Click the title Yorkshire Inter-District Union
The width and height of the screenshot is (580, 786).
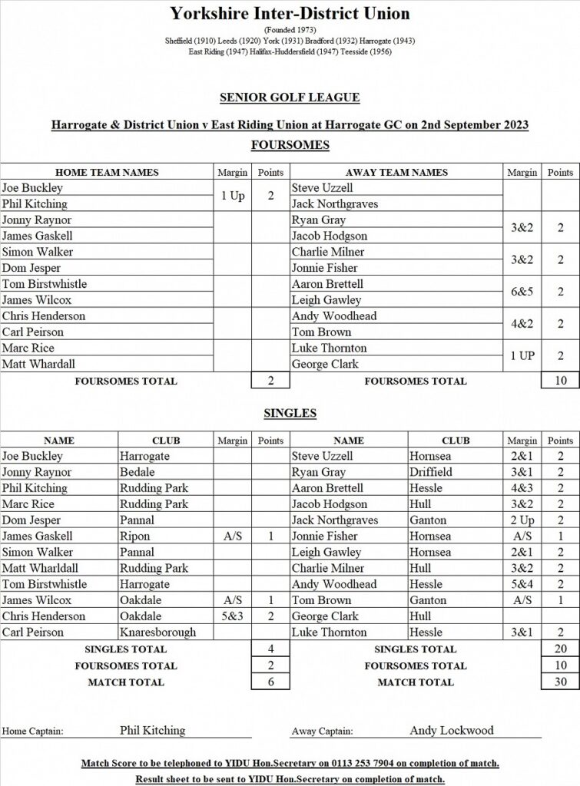tap(290, 13)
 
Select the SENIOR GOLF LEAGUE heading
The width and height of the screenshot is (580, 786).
tap(290, 97)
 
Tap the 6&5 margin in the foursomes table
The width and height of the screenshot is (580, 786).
tap(522, 292)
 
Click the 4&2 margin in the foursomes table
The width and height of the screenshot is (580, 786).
tap(522, 324)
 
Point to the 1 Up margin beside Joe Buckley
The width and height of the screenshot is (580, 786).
tap(232, 196)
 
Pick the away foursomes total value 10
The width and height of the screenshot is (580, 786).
tap(560, 381)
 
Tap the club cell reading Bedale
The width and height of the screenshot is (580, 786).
tap(137, 472)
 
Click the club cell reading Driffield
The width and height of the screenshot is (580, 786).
tap(430, 472)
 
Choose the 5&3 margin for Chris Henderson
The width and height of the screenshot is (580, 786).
tap(232, 616)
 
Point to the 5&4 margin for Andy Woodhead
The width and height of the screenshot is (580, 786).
tap(522, 584)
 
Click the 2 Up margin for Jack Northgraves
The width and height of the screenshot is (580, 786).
tap(522, 520)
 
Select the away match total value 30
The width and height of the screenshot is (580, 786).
tap(560, 682)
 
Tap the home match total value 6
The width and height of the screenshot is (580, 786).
tap(270, 682)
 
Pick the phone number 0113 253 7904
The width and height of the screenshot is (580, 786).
tap(371, 764)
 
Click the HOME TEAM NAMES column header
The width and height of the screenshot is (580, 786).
tap(107, 173)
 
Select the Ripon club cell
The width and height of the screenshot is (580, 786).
tap(134, 537)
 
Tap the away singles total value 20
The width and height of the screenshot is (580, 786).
tap(560, 649)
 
